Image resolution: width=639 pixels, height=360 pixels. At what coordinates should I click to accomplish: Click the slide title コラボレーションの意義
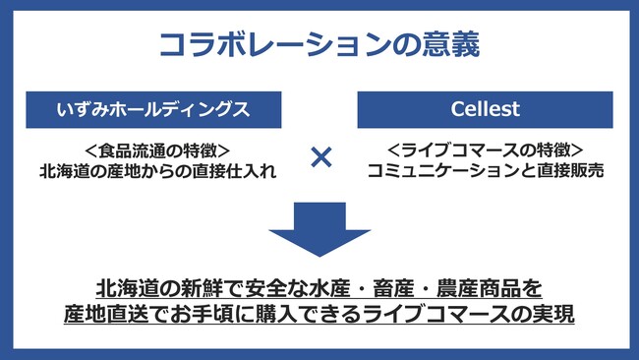point(319,44)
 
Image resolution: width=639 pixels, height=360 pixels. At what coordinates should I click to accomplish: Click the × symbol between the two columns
point(319,157)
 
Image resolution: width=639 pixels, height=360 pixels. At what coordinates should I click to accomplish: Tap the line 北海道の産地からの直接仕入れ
point(157,170)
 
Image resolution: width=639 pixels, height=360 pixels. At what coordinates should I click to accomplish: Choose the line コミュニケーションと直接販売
point(485,170)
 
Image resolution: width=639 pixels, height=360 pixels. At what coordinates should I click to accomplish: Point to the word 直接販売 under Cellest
point(564,170)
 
